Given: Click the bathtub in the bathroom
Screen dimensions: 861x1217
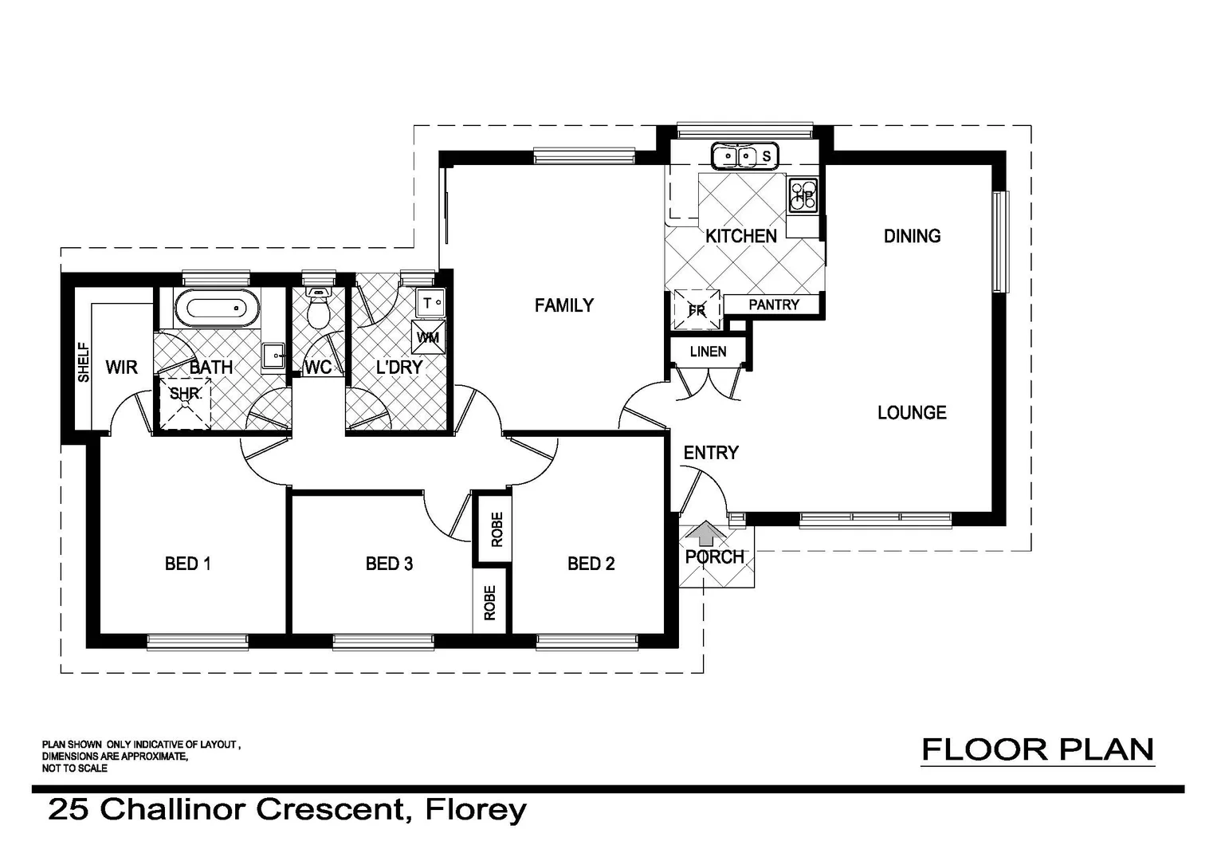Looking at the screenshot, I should [217, 308].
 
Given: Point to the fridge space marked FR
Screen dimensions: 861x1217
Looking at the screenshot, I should [697, 309].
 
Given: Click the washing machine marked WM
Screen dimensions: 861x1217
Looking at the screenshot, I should [427, 337].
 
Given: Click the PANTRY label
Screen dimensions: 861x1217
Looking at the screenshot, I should [773, 305].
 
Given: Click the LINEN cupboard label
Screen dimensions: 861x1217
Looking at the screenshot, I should [708, 352].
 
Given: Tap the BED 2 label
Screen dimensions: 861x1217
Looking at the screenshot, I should [591, 564].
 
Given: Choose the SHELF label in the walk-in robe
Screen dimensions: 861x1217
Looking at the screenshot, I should [84, 363].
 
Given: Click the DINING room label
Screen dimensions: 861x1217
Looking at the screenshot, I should [912, 236].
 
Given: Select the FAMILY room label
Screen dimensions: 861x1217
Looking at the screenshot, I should [563, 305].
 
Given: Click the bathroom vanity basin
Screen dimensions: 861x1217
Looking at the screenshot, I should [273, 356].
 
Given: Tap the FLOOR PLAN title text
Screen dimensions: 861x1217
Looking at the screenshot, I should [1038, 749].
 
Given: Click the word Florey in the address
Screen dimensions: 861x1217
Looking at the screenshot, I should [476, 810].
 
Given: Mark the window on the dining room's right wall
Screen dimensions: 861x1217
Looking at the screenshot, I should [1001, 242].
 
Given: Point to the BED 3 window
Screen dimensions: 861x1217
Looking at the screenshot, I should [383, 641].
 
